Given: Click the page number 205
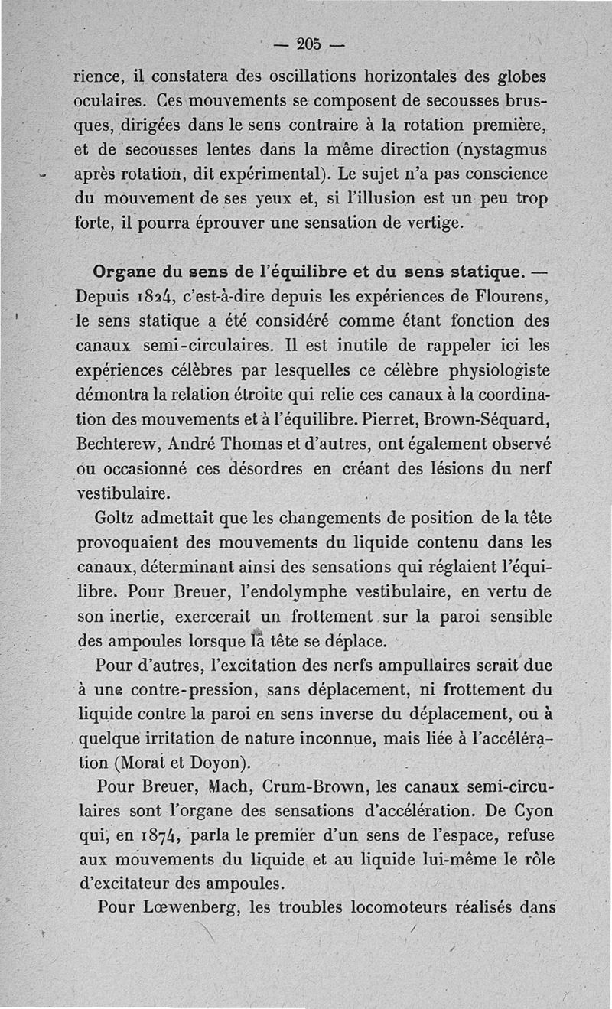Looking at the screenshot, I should tap(310, 44).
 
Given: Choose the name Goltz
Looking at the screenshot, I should tap(114, 519).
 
